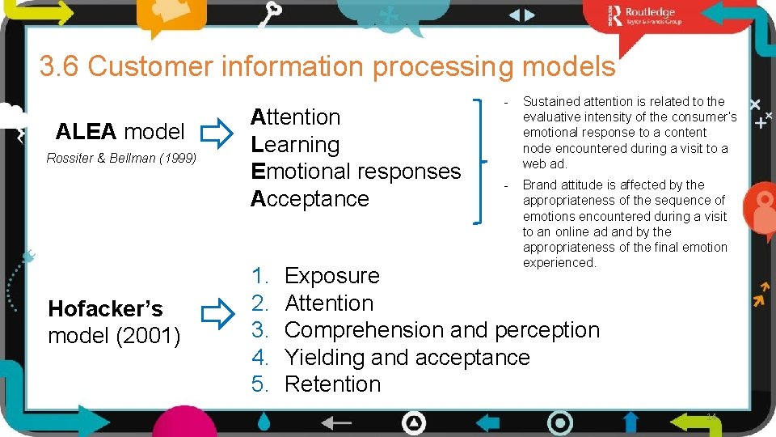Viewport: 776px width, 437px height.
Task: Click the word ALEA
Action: pos(87,131)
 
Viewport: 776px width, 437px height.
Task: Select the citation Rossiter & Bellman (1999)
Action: pos(121,159)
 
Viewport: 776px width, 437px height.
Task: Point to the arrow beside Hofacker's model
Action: pos(216,314)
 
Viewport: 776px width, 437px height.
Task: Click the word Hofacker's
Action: pos(105,309)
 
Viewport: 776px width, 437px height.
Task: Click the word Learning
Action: pos(295,145)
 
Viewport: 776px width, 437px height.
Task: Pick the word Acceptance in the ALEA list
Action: pos(310,199)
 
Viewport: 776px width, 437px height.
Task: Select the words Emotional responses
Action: pos(356,172)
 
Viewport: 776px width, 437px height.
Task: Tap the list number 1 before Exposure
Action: pos(259,276)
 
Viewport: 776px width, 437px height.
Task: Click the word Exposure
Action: pos(332,276)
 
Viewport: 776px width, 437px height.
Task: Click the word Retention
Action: pos(332,384)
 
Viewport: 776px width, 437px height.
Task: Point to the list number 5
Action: pos(259,384)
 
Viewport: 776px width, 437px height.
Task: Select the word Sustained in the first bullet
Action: pos(550,102)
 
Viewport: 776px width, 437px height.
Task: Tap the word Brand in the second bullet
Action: pos(540,185)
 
